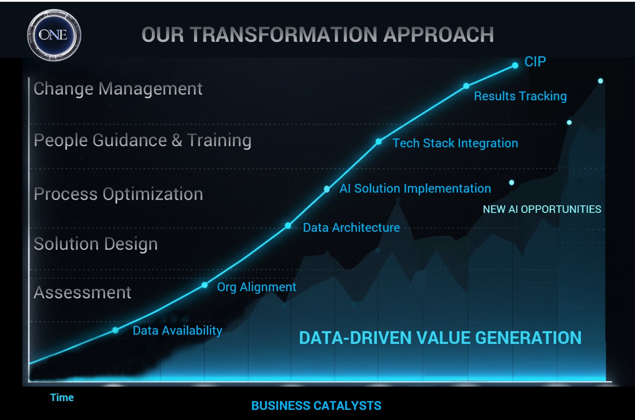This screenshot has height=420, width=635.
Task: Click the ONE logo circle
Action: (54, 35)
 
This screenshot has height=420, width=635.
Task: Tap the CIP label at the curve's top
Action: (535, 62)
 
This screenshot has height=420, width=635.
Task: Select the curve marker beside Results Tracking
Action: (466, 86)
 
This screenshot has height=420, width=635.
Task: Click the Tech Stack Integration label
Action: (455, 143)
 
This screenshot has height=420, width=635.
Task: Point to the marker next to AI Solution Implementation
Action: (327, 189)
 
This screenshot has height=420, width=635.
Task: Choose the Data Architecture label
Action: (351, 228)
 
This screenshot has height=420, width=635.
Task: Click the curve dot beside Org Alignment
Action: (205, 285)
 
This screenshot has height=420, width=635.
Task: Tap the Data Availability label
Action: (177, 331)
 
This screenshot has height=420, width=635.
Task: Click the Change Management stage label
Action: (118, 89)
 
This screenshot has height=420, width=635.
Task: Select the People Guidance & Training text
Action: (143, 140)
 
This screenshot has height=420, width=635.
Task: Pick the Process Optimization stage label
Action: (118, 194)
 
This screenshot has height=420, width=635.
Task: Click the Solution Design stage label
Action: (95, 244)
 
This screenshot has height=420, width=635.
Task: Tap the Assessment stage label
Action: (82, 292)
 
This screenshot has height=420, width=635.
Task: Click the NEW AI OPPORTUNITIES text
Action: (542, 209)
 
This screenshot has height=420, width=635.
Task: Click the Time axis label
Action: (62, 398)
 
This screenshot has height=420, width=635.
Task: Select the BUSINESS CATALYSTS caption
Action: (316, 405)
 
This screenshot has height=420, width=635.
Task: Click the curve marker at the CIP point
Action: (515, 66)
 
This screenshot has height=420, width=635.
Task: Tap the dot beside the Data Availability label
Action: (115, 330)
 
